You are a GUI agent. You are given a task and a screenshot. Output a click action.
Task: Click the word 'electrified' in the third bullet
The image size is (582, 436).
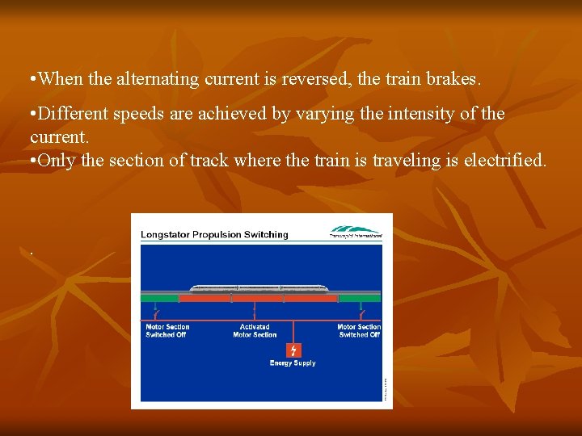(504, 160)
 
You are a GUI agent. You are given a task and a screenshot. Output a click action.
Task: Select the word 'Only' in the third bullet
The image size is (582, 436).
(57, 160)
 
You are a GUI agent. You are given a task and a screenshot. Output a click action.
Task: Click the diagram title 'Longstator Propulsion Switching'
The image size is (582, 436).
(214, 235)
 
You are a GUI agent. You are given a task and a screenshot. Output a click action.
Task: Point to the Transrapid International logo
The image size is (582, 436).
(355, 232)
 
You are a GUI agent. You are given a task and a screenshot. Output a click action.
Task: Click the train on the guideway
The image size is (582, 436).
(259, 287)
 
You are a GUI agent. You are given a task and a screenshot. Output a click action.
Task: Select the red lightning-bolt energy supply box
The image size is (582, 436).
(293, 350)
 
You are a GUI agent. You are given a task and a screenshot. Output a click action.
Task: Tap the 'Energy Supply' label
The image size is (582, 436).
(293, 363)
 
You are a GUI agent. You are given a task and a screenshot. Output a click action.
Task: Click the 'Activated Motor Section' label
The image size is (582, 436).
(255, 331)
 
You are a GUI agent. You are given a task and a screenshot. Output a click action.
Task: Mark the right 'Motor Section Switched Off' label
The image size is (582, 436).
(359, 331)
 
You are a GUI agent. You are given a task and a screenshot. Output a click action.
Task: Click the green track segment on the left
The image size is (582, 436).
(159, 298)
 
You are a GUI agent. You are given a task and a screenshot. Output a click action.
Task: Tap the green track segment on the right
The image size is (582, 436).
(359, 298)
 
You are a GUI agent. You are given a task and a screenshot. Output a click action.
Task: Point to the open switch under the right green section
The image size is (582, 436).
(361, 312)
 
